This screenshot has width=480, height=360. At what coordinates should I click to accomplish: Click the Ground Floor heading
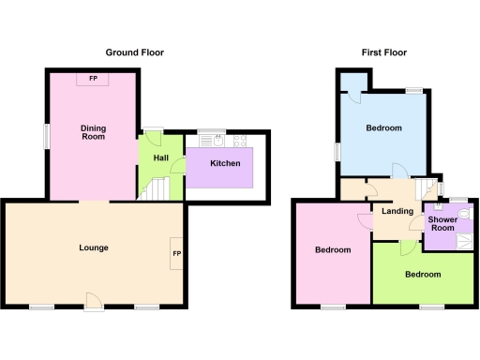pyautogui.click(x=135, y=52)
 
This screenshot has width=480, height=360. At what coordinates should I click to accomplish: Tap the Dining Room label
pyautogui.click(x=92, y=131)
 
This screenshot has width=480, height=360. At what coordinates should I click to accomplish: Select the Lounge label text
pyautogui.click(x=94, y=247)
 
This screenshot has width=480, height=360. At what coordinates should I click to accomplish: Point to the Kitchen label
pyautogui.click(x=225, y=163)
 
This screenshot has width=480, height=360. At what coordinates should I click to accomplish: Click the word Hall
pyautogui.click(x=159, y=157)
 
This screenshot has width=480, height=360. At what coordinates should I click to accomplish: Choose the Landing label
pyautogui.click(x=397, y=211)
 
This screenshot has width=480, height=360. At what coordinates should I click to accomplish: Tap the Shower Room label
pyautogui.click(x=442, y=224)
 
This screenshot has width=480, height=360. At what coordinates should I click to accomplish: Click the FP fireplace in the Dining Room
pyautogui.click(x=93, y=79)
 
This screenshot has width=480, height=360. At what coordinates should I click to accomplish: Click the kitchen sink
pyautogui.click(x=217, y=142)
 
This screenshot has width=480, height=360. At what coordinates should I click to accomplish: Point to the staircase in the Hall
pyautogui.click(x=156, y=190)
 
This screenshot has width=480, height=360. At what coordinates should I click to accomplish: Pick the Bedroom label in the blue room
pyautogui.click(x=384, y=127)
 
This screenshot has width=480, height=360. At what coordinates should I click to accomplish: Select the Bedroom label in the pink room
pyautogui.click(x=333, y=250)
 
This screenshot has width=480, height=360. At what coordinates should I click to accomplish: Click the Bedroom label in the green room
pyautogui.click(x=423, y=275)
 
